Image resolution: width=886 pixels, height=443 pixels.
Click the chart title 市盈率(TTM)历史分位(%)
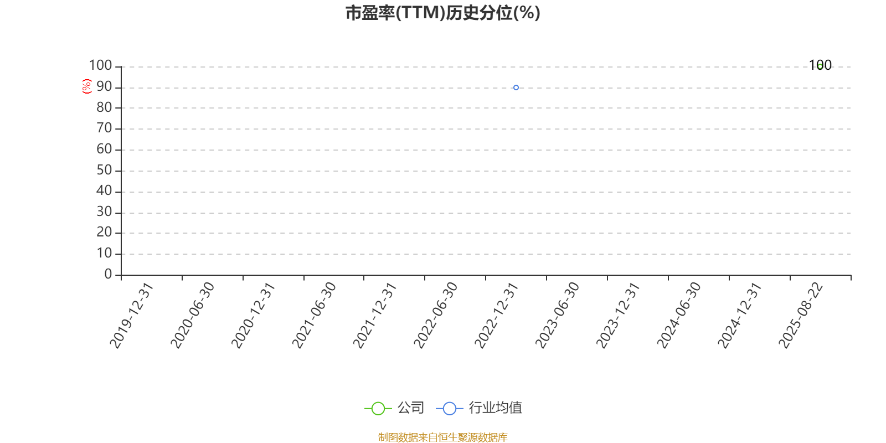tap(443, 13)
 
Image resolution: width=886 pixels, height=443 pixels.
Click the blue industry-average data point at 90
tap(516, 87)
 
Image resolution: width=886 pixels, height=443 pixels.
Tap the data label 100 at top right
tap(820, 65)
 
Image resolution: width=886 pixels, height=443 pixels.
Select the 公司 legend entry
tap(394, 408)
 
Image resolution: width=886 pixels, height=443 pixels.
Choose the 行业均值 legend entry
tap(479, 408)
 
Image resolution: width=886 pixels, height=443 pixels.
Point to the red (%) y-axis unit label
tap(86, 86)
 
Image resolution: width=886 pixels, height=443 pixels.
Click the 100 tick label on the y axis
tap(100, 65)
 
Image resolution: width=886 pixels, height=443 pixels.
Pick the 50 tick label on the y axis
tap(105, 170)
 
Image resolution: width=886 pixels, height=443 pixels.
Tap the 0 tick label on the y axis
tap(108, 274)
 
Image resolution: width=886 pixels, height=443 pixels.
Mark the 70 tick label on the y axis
tap(105, 128)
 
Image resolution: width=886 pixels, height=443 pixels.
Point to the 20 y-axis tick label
tap(105, 232)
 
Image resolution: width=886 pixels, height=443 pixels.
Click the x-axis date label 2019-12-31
tap(131, 316)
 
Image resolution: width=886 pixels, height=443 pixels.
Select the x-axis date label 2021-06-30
tap(313, 316)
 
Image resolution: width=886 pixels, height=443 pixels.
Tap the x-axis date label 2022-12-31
tap(496, 316)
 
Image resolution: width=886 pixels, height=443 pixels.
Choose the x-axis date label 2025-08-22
tap(801, 316)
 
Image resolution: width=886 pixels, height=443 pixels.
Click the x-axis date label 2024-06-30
tap(679, 316)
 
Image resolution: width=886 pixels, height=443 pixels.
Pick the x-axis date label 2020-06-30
tap(192, 316)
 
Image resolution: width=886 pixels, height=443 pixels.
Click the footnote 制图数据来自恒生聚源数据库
tap(443, 437)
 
